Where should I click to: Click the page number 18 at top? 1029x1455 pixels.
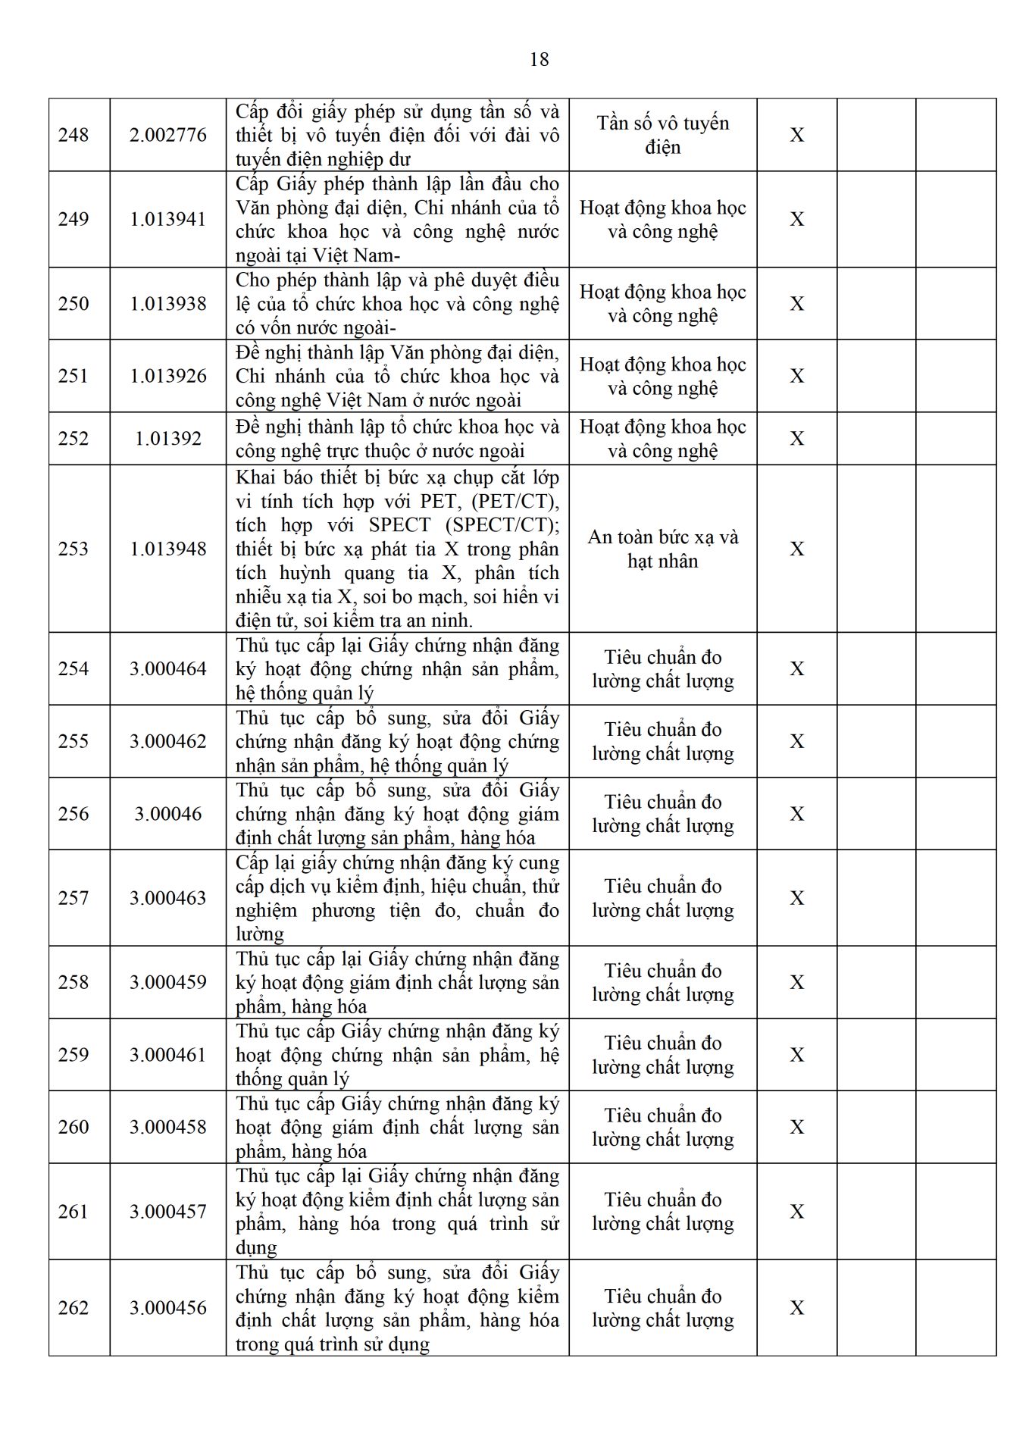539,60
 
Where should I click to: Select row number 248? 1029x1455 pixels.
73,135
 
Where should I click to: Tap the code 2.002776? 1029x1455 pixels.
167,135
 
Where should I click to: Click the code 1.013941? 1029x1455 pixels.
167,219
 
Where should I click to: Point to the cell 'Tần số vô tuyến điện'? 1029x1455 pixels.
662,135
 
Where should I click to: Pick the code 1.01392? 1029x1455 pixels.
167,439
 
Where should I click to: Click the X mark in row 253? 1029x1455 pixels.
796,549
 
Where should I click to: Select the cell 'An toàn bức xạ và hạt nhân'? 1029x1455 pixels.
662,549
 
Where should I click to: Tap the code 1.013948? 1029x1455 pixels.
167,549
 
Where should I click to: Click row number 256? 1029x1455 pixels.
73,814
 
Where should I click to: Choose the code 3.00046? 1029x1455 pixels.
167,814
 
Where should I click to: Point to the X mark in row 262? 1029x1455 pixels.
796,1308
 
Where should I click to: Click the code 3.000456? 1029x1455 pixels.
167,1308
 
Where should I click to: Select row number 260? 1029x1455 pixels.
73,1127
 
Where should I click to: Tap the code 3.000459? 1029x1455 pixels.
167,982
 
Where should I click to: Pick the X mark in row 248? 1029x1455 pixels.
796,135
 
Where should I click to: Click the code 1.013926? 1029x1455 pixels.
167,376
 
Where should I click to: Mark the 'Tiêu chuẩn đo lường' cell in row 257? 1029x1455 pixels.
662,898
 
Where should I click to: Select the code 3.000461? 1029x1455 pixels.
167,1055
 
